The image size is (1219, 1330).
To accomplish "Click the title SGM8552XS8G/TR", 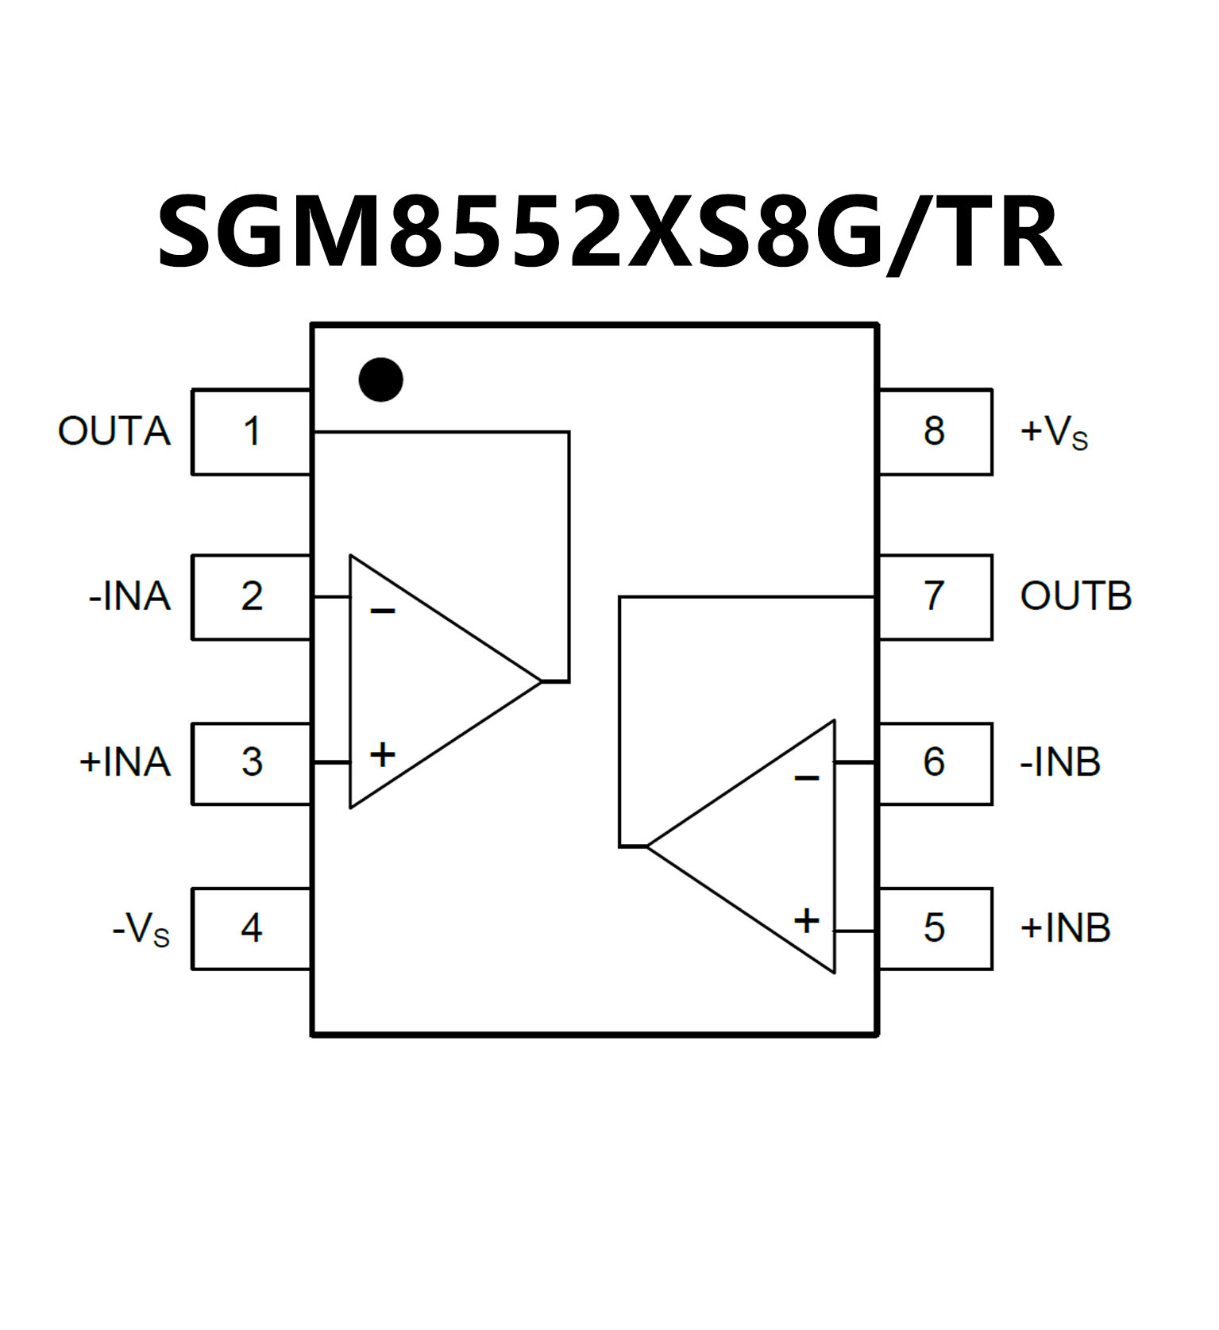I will click(609, 233).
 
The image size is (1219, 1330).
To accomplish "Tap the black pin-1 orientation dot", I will click(380, 380).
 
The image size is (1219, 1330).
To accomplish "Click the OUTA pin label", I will click(114, 431).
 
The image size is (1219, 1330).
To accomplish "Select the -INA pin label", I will click(129, 596).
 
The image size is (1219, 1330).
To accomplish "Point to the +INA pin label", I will click(125, 761).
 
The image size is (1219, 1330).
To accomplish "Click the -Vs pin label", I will click(141, 928).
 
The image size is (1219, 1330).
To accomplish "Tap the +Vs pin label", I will click(1054, 432).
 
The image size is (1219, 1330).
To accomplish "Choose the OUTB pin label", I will click(1075, 596).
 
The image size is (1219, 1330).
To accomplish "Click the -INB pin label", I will click(1060, 762).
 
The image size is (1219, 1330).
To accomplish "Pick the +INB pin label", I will click(1065, 927).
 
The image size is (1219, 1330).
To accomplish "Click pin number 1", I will click(251, 432).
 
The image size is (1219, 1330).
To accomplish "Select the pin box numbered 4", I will click(251, 927).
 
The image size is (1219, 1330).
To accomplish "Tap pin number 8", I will click(934, 431).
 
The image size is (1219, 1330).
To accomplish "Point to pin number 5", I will click(934, 927).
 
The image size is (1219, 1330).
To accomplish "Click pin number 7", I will click(934, 596).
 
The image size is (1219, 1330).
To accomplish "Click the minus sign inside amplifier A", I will click(383, 611).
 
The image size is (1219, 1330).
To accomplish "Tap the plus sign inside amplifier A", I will click(383, 754).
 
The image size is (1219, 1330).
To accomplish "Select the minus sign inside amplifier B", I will click(806, 777).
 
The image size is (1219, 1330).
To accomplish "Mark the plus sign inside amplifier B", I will click(806, 921).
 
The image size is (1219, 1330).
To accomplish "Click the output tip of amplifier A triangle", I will click(541, 681).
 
